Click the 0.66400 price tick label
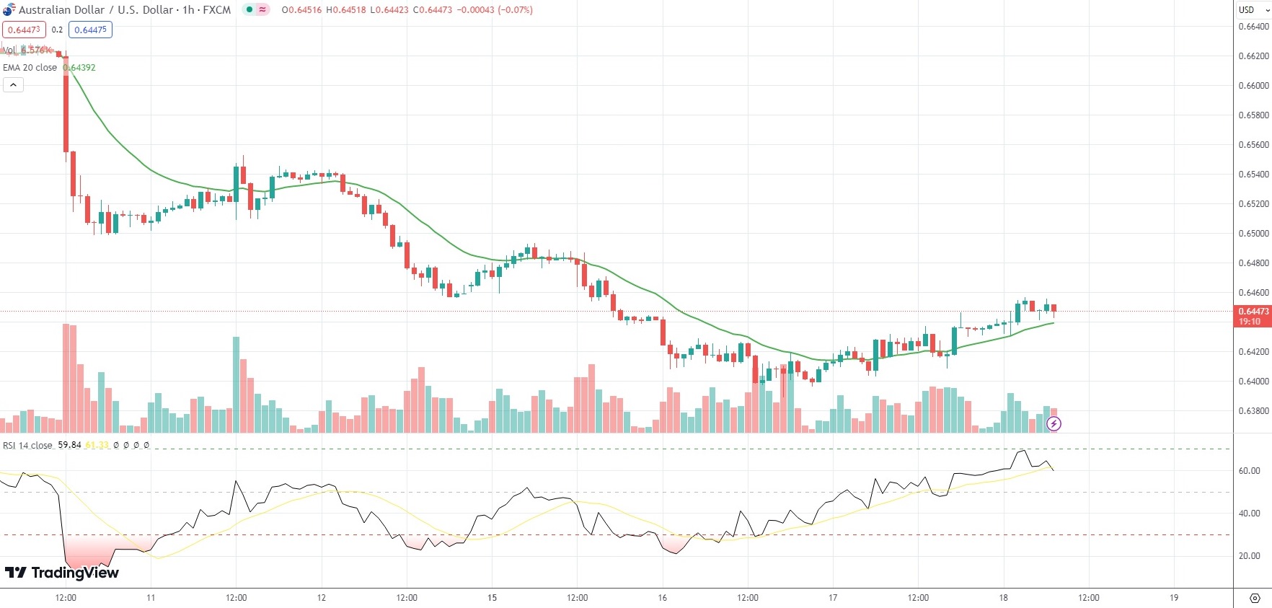coord(1253,27)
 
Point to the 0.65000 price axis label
coord(1253,234)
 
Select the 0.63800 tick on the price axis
coord(1253,411)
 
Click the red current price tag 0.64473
coord(1253,312)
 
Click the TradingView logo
coord(62,573)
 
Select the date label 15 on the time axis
coord(492,598)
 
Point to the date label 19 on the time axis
coord(1173,598)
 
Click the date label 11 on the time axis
coord(151,598)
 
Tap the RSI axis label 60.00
coord(1249,471)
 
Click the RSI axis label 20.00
coord(1249,556)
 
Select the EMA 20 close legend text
coord(30,68)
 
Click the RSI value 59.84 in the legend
coord(69,445)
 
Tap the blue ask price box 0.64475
coord(90,30)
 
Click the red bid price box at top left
coord(24,30)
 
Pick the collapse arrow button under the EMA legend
coord(13,85)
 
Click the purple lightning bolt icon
coord(1054,423)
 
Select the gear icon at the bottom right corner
coord(1255,598)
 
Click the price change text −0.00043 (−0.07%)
coord(495,10)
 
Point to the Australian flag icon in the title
coord(9,9)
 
